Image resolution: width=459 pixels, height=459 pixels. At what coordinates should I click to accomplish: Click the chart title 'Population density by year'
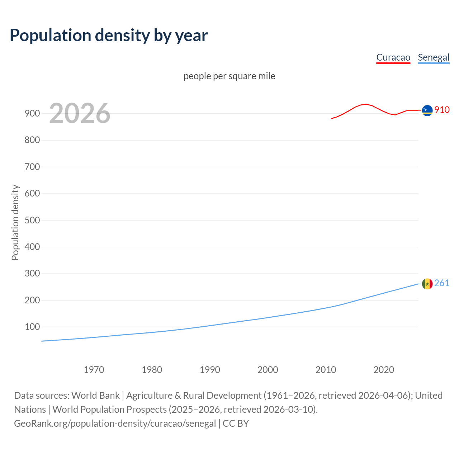[x=109, y=36]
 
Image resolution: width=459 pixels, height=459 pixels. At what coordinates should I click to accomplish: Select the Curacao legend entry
[x=393, y=57]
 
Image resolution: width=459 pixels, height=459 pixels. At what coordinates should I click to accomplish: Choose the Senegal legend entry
[x=434, y=57]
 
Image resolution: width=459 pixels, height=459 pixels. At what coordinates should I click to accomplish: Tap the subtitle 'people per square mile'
[x=229, y=76]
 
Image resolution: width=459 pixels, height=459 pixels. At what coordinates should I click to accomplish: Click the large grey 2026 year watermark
[x=80, y=113]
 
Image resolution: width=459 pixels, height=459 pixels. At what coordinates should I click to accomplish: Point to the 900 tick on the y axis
[x=32, y=113]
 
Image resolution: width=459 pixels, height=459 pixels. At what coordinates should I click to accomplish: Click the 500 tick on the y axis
[x=32, y=220]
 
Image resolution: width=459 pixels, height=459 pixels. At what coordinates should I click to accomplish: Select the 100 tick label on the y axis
[x=32, y=327]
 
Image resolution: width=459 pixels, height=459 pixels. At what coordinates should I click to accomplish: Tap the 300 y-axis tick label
[x=32, y=274]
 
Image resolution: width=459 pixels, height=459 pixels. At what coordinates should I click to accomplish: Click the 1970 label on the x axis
[x=94, y=370]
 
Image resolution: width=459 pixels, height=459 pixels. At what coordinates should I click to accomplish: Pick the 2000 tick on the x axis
[x=268, y=370]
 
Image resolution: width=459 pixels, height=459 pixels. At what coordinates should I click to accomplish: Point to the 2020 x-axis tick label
[x=384, y=370]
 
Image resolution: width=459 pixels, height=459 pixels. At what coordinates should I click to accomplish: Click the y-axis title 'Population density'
[x=15, y=222]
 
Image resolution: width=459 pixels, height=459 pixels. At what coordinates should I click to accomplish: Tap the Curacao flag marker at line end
[x=427, y=110]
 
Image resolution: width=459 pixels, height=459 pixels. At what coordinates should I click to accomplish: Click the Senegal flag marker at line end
[x=427, y=284]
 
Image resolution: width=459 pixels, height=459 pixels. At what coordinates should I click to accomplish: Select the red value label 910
[x=442, y=110]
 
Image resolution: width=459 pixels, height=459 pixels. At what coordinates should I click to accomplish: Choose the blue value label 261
[x=442, y=283]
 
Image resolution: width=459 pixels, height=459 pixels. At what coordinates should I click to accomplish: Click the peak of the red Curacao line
[x=365, y=104]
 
